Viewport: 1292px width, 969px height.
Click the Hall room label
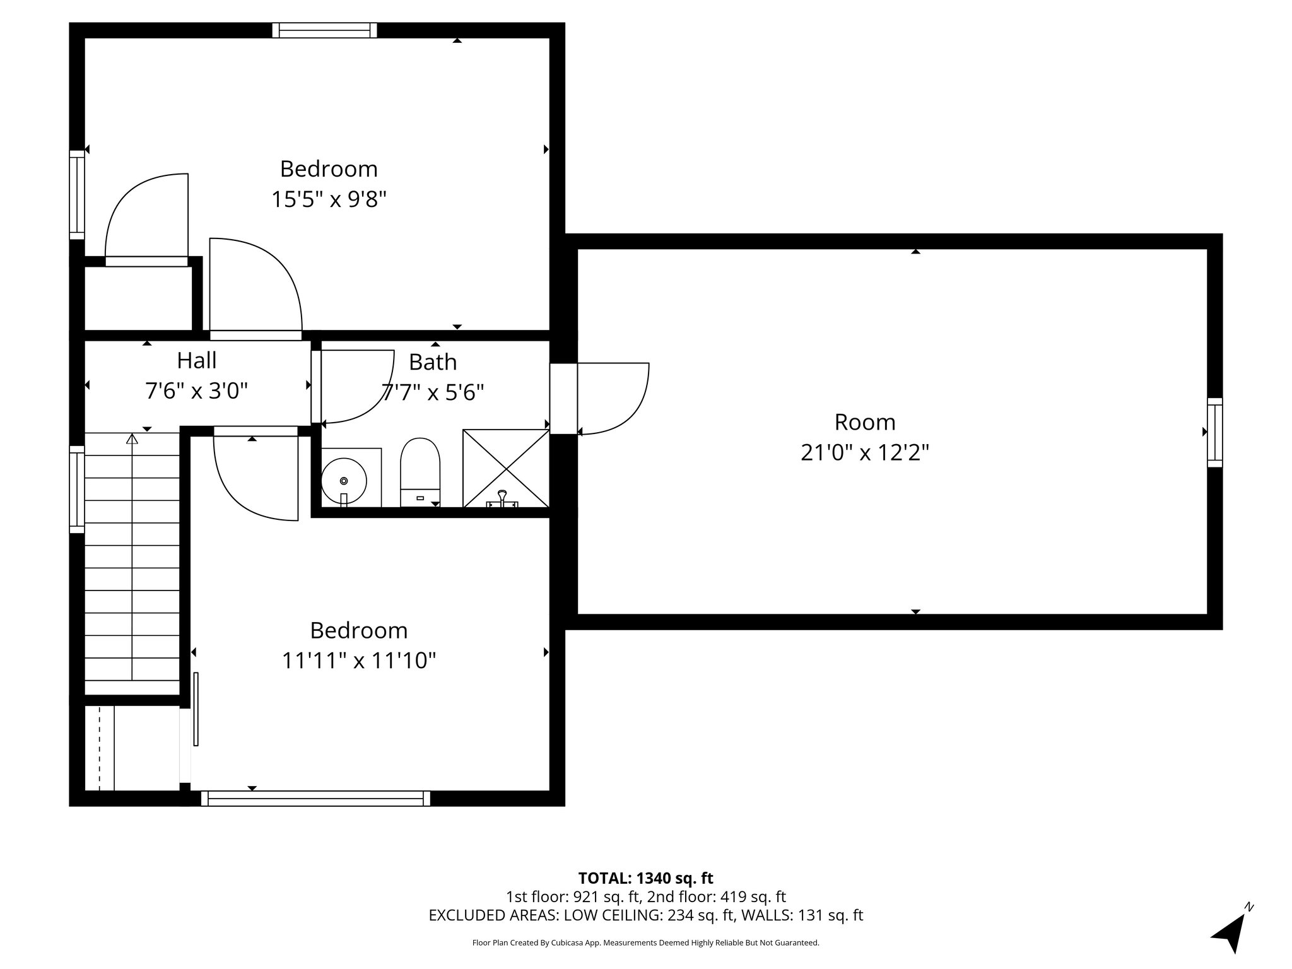pyautogui.click(x=197, y=360)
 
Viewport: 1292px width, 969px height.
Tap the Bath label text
pyautogui.click(x=433, y=362)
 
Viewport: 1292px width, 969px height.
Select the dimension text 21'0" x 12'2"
pyautogui.click(x=865, y=452)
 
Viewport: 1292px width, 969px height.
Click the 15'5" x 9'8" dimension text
pyautogui.click(x=329, y=199)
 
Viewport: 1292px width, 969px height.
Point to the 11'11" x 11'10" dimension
pyautogui.click(x=359, y=661)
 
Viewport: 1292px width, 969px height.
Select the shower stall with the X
pyautogui.click(x=506, y=468)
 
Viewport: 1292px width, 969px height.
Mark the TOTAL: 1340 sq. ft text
pyautogui.click(x=645, y=878)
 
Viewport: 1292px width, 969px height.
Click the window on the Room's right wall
pyautogui.click(x=1214, y=432)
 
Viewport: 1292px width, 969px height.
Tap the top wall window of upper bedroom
pyautogui.click(x=325, y=30)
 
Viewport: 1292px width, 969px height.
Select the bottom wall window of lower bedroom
pyautogui.click(x=315, y=799)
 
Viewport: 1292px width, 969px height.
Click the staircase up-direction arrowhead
pyautogui.click(x=132, y=438)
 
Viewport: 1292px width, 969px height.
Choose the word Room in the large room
pyautogui.click(x=865, y=421)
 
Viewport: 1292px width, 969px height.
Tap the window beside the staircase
pyautogui.click(x=77, y=490)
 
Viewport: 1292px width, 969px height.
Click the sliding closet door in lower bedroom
pyautogui.click(x=196, y=708)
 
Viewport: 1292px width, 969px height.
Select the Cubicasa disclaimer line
pyautogui.click(x=645, y=943)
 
